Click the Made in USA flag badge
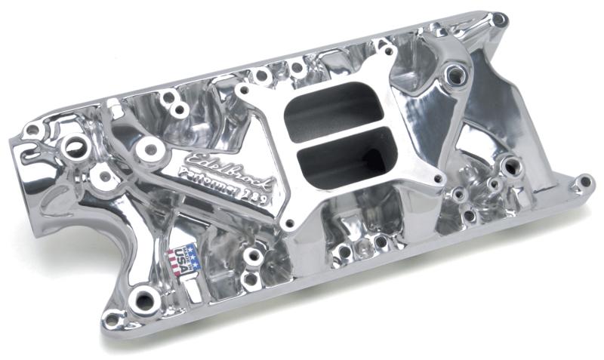[183, 258]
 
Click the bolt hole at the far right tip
[583, 182]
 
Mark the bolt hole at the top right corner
[498, 17]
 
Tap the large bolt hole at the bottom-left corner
[141, 300]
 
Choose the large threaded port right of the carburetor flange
[456, 73]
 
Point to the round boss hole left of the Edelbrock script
[151, 149]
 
